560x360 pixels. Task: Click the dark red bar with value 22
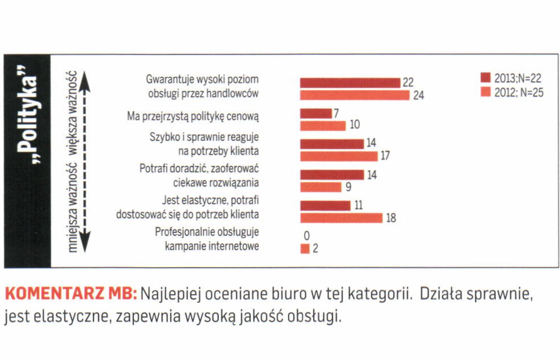click(350, 83)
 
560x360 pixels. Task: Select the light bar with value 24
click(355, 95)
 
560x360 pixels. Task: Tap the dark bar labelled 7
click(316, 114)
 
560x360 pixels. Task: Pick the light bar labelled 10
click(323, 126)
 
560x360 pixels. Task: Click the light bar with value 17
click(339, 156)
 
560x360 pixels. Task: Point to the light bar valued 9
click(321, 187)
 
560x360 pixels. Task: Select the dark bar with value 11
click(325, 206)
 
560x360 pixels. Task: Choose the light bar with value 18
click(341, 218)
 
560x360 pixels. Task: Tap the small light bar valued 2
click(305, 249)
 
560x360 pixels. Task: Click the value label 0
click(307, 236)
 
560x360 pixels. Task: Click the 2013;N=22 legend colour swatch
click(485, 78)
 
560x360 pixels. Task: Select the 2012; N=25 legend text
click(519, 93)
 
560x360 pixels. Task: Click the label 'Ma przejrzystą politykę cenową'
click(193, 116)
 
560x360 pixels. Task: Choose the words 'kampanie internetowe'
click(212, 246)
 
